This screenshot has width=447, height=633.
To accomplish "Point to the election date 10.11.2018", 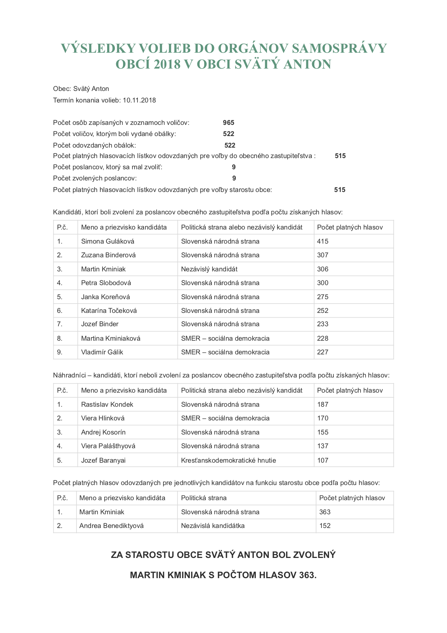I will click(x=139, y=100).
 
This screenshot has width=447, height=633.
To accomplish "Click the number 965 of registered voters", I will click(x=229, y=123).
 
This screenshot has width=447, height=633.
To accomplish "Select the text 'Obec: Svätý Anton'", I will click(x=81, y=89).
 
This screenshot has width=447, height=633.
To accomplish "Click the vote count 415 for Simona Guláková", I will click(x=323, y=241).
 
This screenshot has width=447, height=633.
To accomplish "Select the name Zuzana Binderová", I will click(x=108, y=255).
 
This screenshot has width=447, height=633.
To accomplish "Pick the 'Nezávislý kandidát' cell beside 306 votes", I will click(x=209, y=269).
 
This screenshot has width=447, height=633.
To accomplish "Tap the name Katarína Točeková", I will click(x=109, y=311).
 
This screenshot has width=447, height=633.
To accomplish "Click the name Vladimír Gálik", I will click(x=102, y=352).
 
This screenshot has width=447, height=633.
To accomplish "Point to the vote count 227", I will click(x=323, y=352).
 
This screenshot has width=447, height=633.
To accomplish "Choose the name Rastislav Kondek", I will click(x=107, y=405).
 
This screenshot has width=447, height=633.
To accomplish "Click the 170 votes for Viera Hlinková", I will click(x=323, y=418).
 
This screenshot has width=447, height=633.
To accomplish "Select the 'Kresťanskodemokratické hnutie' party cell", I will click(x=228, y=460).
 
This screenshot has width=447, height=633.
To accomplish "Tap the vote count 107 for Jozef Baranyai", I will click(x=323, y=460).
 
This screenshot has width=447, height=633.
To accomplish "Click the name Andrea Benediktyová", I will click(x=111, y=526).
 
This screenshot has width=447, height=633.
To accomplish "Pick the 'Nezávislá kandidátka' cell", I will click(x=213, y=526).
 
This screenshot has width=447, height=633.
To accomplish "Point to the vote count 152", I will click(x=325, y=526).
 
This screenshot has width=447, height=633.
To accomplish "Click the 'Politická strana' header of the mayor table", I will click(x=204, y=498).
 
